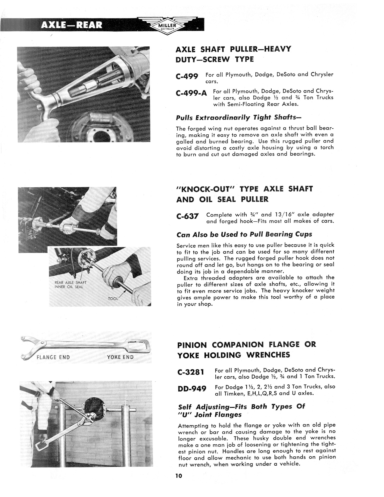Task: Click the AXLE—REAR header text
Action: click(x=72, y=25)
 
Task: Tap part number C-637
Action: click(x=187, y=216)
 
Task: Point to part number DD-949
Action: click(x=192, y=389)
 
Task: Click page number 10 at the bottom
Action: click(x=178, y=476)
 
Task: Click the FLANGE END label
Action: click(x=53, y=358)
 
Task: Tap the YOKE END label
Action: click(x=120, y=358)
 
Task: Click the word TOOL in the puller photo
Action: click(x=113, y=299)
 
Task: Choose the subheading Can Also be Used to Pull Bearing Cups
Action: click(x=244, y=234)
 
